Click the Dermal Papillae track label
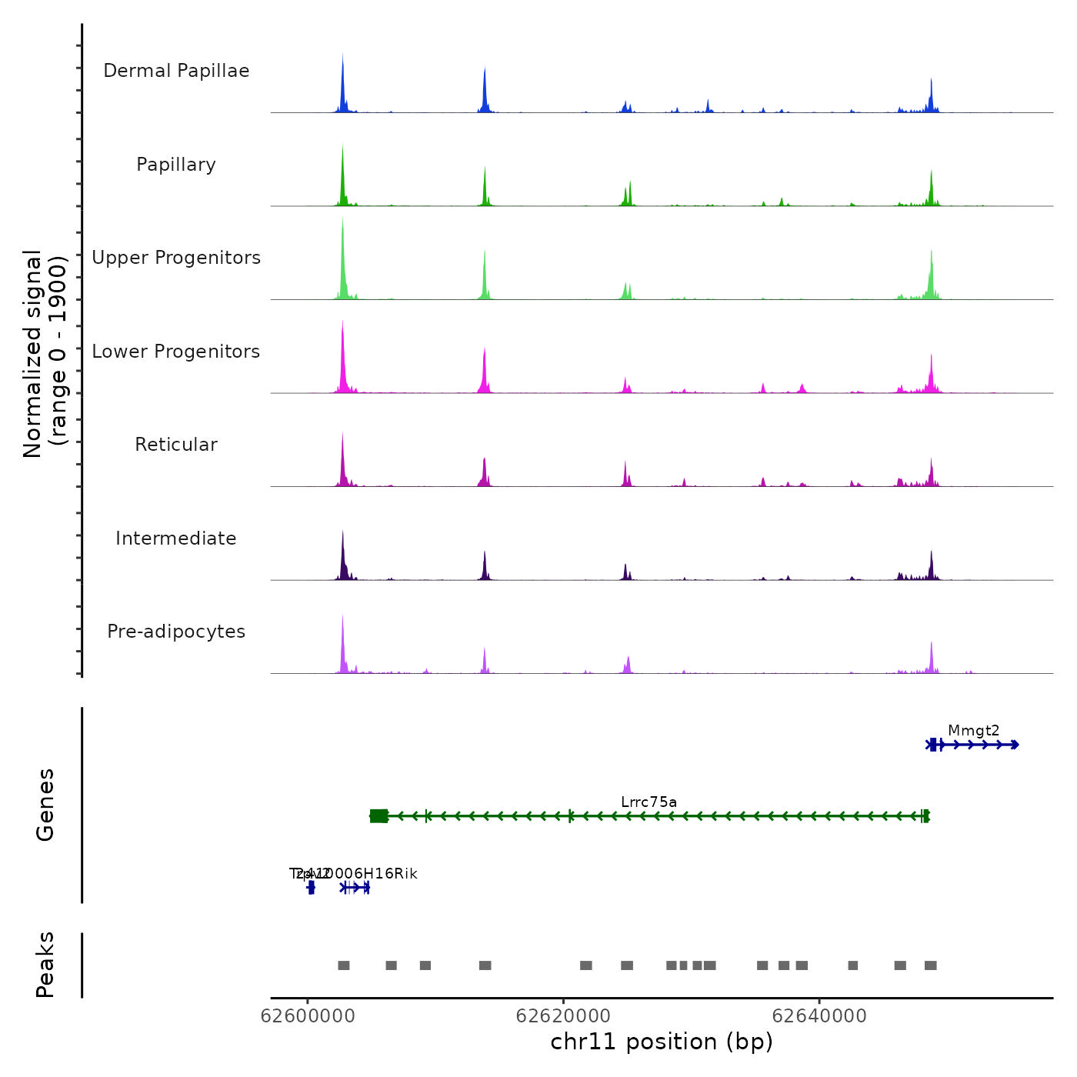tap(176, 71)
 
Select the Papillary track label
tap(176, 165)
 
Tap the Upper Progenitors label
tap(176, 258)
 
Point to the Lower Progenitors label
tap(176, 352)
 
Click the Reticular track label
tap(176, 445)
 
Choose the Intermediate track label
tap(176, 538)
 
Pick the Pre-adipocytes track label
tap(176, 632)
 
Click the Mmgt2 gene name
tap(973, 731)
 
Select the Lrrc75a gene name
tap(649, 802)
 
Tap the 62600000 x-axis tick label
tap(308, 1016)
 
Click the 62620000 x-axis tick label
tap(563, 1016)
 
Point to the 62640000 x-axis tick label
tap(819, 1016)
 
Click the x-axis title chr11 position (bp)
tap(662, 1042)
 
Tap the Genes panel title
tap(45, 805)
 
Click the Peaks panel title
tap(45, 965)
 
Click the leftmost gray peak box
tap(344, 965)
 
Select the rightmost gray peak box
tap(931, 965)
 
